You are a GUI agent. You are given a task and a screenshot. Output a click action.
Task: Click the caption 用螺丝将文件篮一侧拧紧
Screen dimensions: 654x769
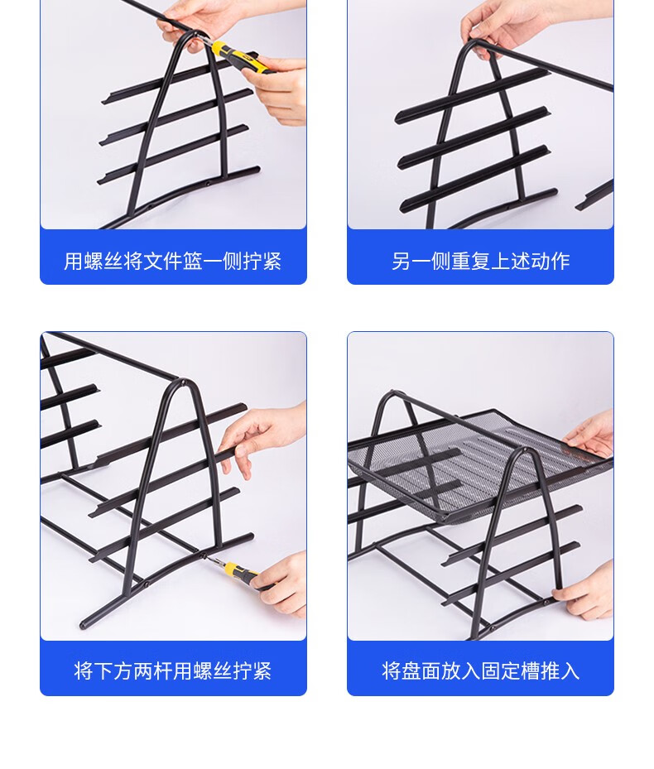[173, 261]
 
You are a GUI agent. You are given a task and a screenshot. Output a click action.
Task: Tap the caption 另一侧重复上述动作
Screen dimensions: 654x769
[480, 261]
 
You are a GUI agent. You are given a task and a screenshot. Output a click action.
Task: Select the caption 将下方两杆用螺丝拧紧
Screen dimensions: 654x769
[173, 670]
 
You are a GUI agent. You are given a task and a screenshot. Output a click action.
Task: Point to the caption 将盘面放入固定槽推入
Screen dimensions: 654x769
[480, 670]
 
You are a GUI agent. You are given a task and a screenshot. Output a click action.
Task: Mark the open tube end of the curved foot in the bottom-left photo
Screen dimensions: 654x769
[83, 625]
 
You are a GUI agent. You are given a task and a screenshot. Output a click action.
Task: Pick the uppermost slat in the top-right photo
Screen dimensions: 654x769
[472, 96]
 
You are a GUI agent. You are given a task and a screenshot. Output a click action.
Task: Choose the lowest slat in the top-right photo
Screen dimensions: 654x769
[478, 200]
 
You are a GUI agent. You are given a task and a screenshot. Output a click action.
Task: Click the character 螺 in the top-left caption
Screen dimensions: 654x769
[94, 261]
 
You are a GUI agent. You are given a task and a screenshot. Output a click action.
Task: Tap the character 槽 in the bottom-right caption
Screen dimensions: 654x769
[530, 670]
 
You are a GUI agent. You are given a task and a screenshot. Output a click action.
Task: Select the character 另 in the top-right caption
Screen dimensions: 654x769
[402, 261]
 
